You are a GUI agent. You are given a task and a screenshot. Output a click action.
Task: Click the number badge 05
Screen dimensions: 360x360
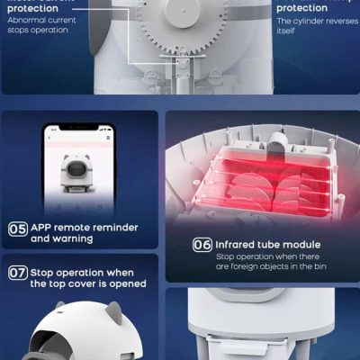(17, 228)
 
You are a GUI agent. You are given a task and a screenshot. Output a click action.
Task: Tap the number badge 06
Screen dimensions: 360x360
(203, 243)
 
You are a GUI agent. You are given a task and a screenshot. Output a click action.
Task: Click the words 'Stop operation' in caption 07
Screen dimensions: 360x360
(68, 271)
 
